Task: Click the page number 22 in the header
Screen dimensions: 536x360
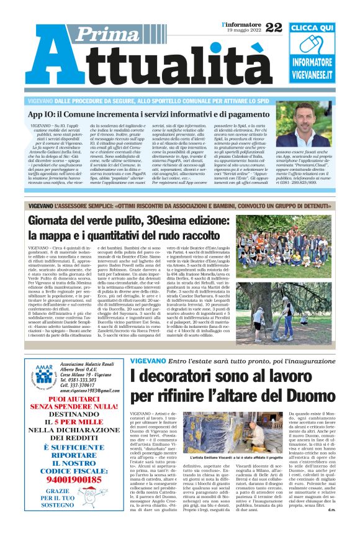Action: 274,28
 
